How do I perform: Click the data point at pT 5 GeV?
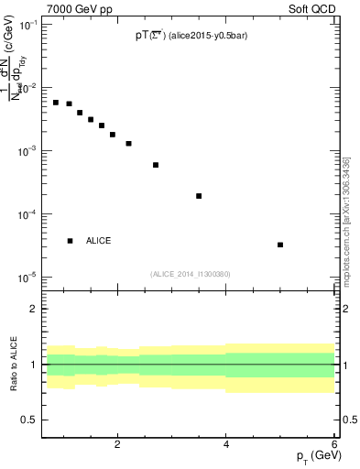click(280, 245)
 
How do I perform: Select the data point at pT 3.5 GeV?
click(199, 196)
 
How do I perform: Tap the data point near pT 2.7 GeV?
click(156, 165)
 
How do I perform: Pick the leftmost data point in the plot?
click(56, 103)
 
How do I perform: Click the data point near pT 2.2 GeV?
click(128, 144)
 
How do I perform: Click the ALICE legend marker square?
click(71, 241)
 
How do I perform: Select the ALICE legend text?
click(98, 241)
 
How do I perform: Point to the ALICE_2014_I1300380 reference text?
click(191, 274)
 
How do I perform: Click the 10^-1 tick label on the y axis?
click(27, 25)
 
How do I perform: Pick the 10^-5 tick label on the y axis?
click(27, 277)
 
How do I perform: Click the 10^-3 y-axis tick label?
click(27, 151)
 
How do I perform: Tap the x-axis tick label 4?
click(226, 444)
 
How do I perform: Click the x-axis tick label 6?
click(334, 444)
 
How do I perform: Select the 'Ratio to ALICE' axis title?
click(12, 364)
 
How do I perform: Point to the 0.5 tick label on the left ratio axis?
click(28, 420)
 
